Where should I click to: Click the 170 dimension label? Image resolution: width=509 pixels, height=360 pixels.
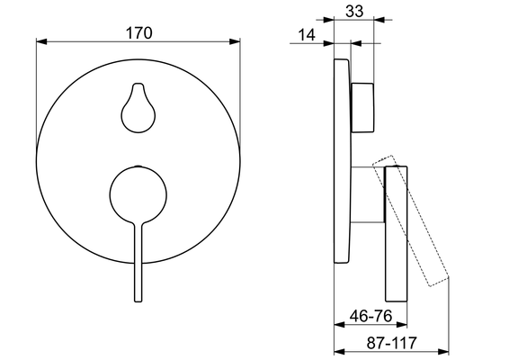pos(138,32)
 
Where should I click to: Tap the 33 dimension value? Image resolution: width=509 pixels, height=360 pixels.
pos(354,11)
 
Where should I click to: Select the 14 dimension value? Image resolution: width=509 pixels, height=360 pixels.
pos(306,35)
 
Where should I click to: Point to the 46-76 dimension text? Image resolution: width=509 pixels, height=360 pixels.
pos(371,316)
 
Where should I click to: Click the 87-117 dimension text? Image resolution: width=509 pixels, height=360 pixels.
pos(391,343)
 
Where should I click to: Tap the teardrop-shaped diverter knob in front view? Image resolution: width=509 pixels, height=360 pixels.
pos(138,108)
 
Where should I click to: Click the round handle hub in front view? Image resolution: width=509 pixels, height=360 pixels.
pos(138,195)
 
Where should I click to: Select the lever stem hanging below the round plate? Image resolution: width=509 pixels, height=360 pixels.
pos(138,278)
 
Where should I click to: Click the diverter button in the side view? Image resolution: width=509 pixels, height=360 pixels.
pos(362,107)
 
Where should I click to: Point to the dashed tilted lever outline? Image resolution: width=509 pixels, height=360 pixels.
pos(411,220)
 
